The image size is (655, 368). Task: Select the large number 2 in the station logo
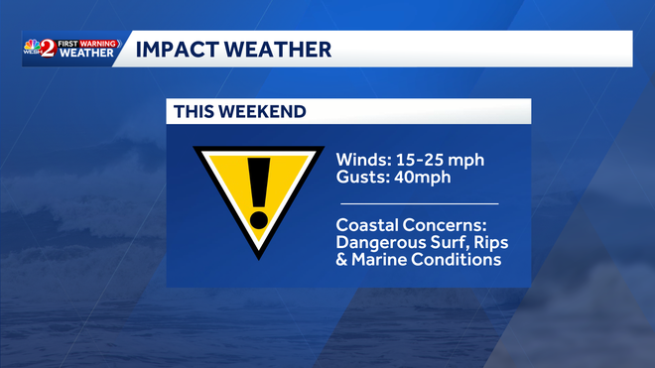click(x=48, y=49)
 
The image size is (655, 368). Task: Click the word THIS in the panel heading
click(x=193, y=112)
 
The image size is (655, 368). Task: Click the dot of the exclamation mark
click(x=258, y=217)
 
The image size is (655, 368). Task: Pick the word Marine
click(x=381, y=261)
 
